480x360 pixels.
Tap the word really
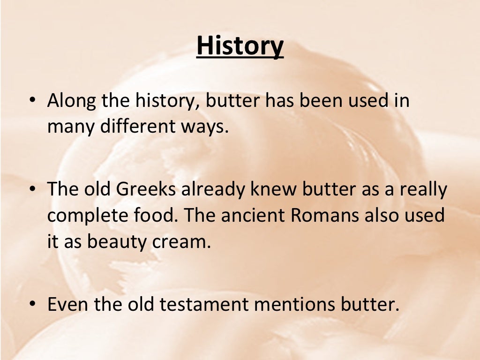tap(420, 190)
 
